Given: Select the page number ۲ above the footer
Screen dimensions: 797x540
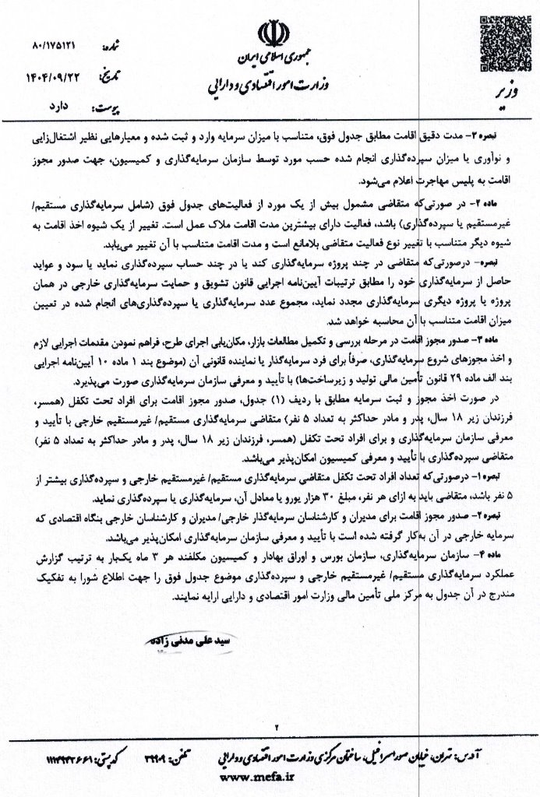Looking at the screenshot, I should click(x=275, y=726).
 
